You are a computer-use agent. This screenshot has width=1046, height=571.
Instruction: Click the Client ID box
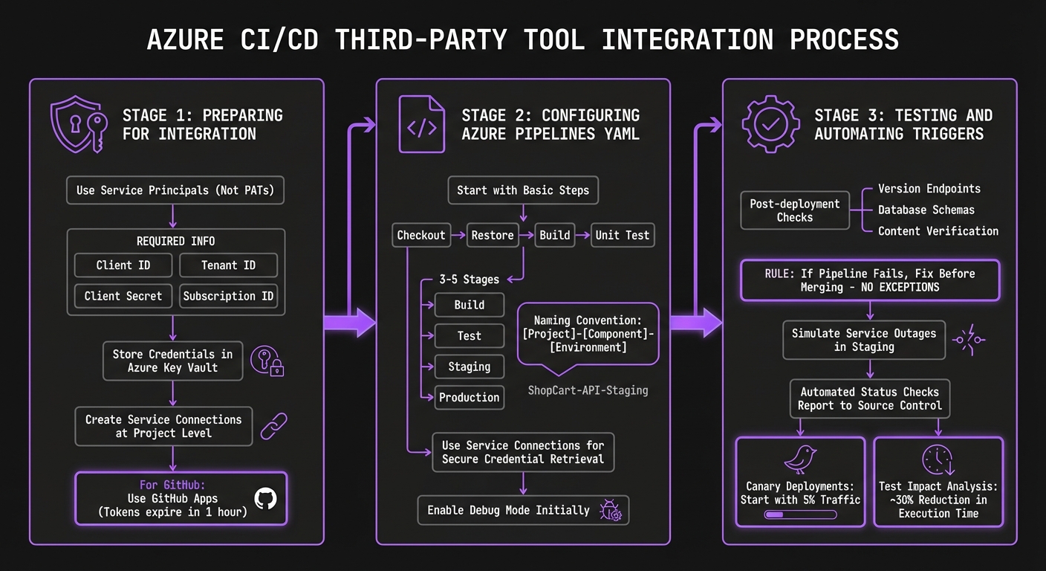tap(123, 265)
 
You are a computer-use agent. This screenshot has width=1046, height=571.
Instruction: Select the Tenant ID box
tap(228, 265)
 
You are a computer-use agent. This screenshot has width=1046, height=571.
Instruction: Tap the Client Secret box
tap(123, 296)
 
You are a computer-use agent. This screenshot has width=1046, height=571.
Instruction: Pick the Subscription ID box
tap(228, 296)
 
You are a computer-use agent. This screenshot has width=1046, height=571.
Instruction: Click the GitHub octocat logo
tap(265, 498)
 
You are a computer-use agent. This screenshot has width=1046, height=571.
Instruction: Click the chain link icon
tap(273, 426)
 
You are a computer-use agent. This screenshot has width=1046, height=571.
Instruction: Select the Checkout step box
tap(420, 235)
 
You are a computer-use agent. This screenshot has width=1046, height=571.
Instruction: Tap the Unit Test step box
tap(622, 235)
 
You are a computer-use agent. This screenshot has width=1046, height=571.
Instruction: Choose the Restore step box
tap(493, 235)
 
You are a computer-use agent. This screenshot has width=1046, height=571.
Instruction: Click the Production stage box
tap(469, 397)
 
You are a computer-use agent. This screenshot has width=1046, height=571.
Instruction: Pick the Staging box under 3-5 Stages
tap(469, 367)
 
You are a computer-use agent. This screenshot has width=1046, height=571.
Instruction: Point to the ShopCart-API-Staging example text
tap(588, 390)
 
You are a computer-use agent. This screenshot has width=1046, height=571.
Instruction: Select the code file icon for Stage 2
tap(421, 125)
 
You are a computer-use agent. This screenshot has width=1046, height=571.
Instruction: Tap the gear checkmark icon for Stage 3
tap(770, 124)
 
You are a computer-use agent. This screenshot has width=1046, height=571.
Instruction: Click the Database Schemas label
tap(926, 210)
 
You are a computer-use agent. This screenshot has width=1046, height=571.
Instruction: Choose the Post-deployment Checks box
tap(794, 210)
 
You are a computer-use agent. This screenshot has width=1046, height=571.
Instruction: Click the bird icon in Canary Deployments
tap(800, 460)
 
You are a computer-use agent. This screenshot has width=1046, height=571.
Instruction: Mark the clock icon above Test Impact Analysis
tap(938, 460)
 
